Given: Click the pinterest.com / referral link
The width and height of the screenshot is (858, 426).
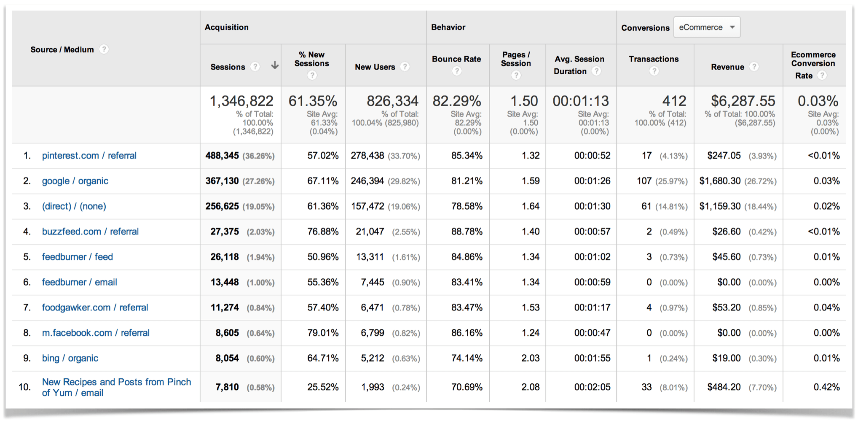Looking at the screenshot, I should tap(89, 156).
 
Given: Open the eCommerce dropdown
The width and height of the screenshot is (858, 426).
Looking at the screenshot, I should tap(707, 27).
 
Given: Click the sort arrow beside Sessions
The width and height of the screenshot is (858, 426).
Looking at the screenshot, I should tap(275, 65).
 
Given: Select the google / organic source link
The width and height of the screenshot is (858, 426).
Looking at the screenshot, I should tap(75, 181).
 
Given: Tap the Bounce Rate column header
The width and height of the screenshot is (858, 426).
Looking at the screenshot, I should tap(456, 59).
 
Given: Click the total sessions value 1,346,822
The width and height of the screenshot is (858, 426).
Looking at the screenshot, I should tap(241, 101).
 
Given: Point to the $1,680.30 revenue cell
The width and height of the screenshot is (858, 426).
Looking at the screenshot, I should tap(720, 181).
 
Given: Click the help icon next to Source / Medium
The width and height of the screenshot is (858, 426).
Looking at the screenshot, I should tap(104, 49).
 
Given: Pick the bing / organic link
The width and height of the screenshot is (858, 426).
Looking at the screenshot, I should tap(70, 358).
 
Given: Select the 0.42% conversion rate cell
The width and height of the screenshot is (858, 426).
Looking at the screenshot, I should tap(826, 387).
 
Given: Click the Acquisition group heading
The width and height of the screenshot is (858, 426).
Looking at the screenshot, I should tap(227, 27).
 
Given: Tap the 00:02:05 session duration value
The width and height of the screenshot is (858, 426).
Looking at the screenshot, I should tap(592, 387).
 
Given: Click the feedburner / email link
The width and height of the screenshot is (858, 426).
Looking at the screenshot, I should tap(79, 282).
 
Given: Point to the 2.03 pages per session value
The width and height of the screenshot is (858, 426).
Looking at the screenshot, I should tap(530, 358).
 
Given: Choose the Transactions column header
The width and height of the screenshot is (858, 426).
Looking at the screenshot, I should tap(654, 59).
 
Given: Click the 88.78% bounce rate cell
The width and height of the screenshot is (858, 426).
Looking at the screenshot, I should tap(467, 232).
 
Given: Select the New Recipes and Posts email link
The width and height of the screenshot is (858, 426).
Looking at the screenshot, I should tap(116, 387).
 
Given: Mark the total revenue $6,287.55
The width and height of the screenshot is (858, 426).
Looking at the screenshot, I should tap(743, 101).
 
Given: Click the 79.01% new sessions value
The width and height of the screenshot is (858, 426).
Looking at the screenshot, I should tap(323, 333).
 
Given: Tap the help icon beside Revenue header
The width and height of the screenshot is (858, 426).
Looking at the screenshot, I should tap(754, 67).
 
